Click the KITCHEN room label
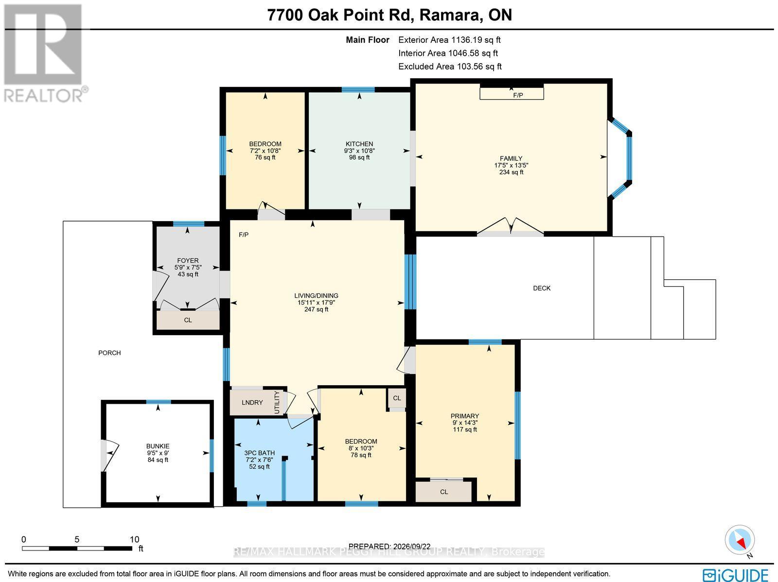[359, 144]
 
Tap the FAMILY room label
[511, 158]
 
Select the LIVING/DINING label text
[316, 295]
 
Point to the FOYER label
[188, 260]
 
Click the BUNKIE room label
[158, 446]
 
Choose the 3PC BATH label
[260, 453]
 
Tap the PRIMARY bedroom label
[465, 416]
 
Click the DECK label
[542, 288]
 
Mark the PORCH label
[109, 353]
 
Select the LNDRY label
[252, 403]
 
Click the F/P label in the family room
[518, 95]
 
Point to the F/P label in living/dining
[244, 235]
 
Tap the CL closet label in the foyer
[188, 320]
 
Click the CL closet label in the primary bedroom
[444, 492]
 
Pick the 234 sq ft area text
[511, 172]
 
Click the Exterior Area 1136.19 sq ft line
[449, 40]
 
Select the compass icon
[740, 540]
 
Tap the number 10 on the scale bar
[134, 540]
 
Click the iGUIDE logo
[736, 574]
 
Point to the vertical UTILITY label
[277, 403]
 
